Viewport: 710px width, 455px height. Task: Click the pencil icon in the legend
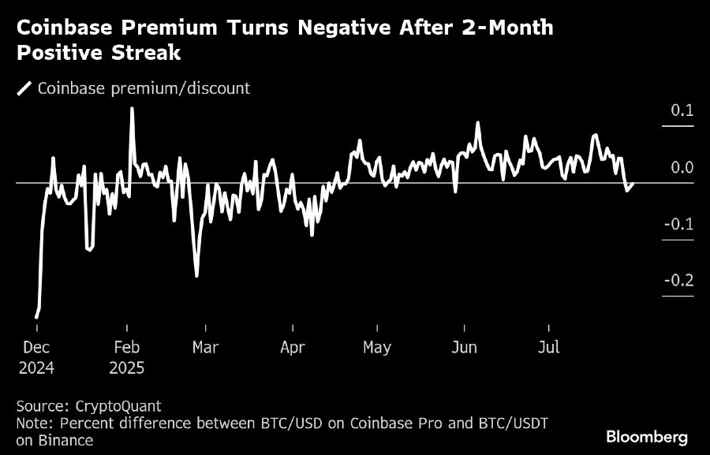[24, 88]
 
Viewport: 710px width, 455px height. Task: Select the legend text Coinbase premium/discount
[144, 88]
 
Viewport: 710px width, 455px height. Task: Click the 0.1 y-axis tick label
[682, 110]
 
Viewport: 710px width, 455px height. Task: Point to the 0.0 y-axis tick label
[682, 167]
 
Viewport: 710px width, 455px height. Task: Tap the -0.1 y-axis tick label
[679, 224]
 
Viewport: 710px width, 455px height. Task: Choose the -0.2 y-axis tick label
[679, 281]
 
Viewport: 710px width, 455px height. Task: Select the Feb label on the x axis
[127, 348]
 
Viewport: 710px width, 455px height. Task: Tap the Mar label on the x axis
[206, 348]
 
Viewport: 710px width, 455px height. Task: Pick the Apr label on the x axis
[293, 348]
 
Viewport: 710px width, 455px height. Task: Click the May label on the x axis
[376, 348]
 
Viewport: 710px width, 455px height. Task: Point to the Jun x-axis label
[465, 348]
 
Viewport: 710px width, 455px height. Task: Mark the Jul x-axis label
[549, 348]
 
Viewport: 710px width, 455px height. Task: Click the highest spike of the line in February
[132, 108]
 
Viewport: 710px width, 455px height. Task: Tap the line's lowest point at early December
[36, 317]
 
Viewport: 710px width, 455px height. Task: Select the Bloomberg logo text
[647, 436]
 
